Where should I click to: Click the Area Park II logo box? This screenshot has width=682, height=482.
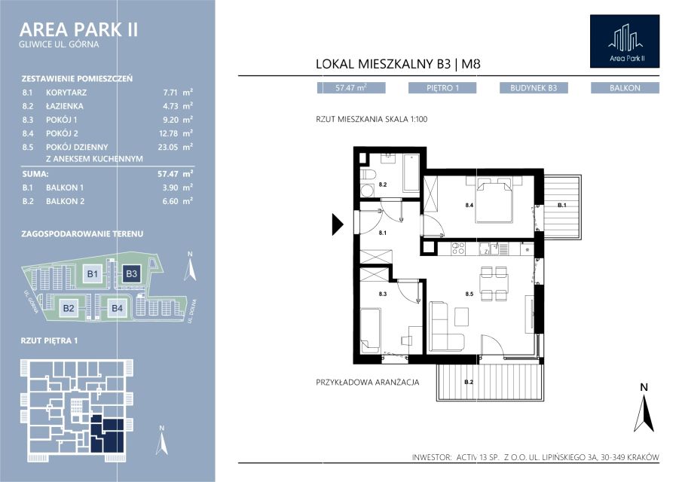(x=625, y=41)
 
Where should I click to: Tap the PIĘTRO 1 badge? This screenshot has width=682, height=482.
(x=442, y=88)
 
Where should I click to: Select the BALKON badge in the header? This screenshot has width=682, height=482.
(x=625, y=88)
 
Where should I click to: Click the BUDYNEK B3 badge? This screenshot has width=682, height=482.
(x=534, y=88)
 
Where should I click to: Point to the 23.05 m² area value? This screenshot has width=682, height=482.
(x=176, y=147)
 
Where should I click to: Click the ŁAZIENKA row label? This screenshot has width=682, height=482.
(x=65, y=106)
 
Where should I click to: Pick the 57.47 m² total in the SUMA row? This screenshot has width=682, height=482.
(x=176, y=174)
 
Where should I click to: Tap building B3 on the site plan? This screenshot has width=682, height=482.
(x=131, y=274)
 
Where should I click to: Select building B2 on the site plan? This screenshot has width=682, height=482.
(x=69, y=308)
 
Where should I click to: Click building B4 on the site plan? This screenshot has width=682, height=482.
(x=117, y=308)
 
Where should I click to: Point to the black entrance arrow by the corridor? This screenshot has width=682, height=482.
(x=338, y=224)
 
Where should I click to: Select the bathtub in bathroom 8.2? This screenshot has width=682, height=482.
(x=411, y=173)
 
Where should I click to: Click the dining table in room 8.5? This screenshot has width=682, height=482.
(x=494, y=284)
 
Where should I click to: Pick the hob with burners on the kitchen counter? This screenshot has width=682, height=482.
(x=458, y=249)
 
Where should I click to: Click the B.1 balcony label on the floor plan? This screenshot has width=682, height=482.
(x=562, y=205)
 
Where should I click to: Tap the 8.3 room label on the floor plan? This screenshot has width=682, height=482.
(x=382, y=294)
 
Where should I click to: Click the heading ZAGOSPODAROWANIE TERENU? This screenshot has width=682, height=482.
(x=82, y=233)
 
